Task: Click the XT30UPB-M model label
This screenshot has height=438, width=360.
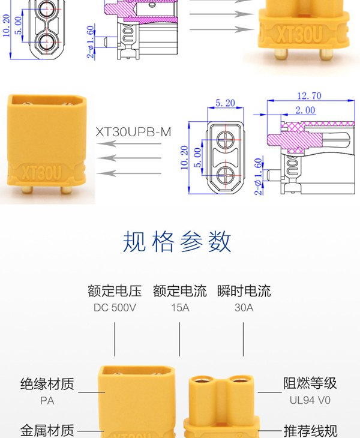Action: (x=133, y=132)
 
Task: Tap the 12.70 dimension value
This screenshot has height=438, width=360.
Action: (x=309, y=96)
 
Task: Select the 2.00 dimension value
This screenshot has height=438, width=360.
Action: (x=305, y=110)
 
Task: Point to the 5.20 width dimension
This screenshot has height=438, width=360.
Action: (x=225, y=103)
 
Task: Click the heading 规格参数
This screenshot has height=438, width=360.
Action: (x=177, y=241)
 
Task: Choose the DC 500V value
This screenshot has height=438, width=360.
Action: (x=115, y=308)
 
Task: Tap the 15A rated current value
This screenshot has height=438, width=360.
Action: (x=180, y=308)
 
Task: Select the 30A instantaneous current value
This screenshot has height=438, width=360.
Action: (x=244, y=308)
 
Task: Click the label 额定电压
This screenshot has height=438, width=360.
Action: (x=115, y=291)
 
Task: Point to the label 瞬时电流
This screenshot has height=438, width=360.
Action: (x=244, y=291)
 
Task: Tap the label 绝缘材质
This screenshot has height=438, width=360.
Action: (x=47, y=384)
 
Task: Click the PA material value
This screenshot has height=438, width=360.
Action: (x=47, y=401)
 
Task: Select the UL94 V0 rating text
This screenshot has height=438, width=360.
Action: (x=310, y=400)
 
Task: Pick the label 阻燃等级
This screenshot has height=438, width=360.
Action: (x=310, y=383)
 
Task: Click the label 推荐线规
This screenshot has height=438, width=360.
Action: (x=311, y=431)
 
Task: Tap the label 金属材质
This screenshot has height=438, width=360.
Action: (x=47, y=431)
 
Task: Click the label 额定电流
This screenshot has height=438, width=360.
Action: (x=180, y=291)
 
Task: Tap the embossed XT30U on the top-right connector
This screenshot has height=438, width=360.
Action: (x=299, y=34)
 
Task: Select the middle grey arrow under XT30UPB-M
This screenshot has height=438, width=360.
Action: (x=129, y=158)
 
